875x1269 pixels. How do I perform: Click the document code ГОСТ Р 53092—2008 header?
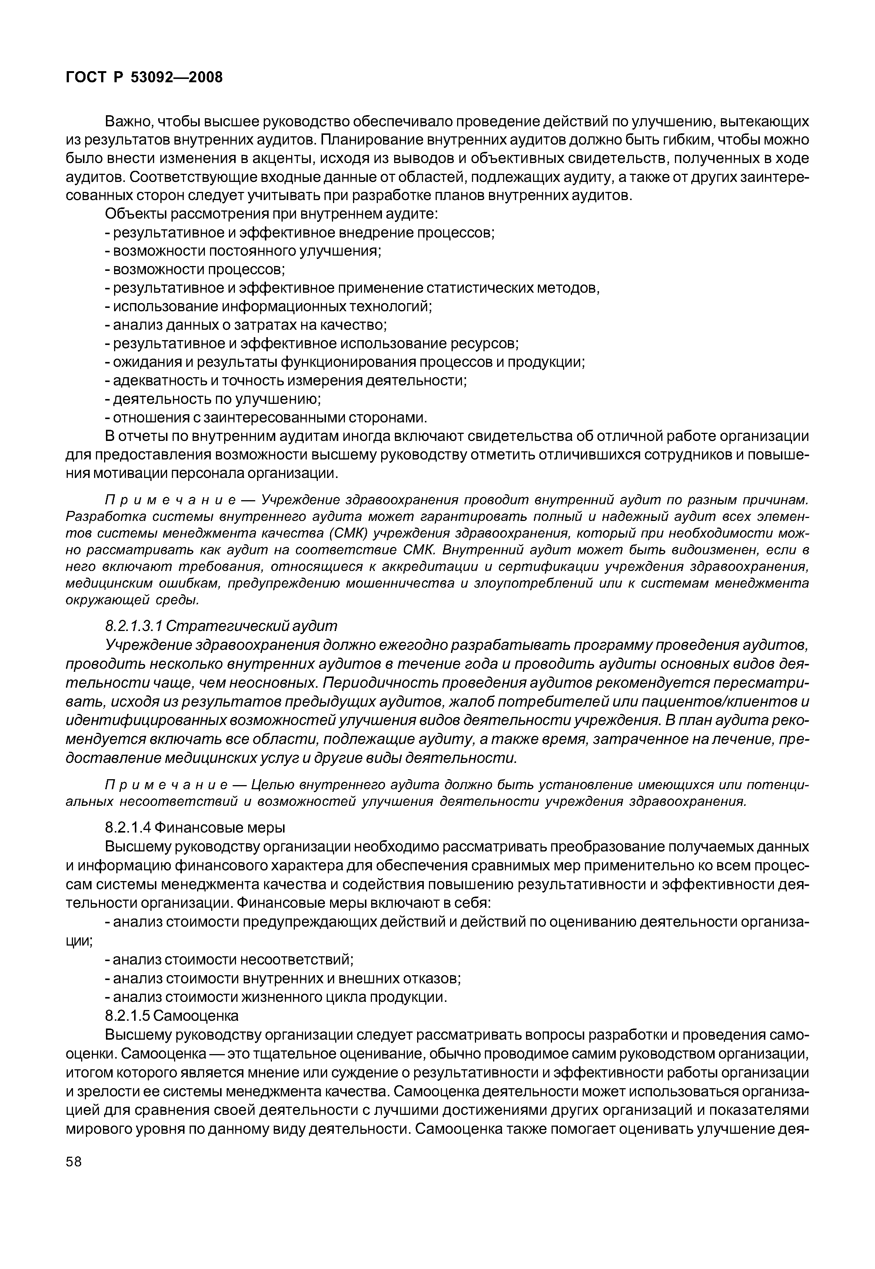click(144, 78)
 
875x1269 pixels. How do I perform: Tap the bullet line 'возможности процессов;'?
click(195, 269)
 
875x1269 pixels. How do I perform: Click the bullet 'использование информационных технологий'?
click(269, 306)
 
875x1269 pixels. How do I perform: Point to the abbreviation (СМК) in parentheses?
click(350, 533)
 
